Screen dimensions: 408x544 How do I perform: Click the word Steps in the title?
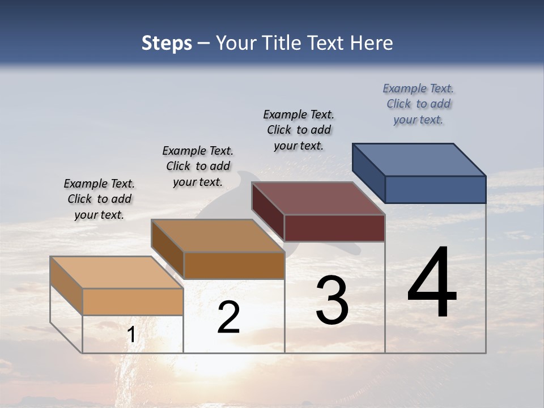click(x=167, y=43)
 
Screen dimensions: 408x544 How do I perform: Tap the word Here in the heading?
click(x=372, y=43)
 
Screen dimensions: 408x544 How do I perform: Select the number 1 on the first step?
click(x=131, y=335)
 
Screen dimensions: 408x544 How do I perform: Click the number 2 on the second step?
click(x=228, y=318)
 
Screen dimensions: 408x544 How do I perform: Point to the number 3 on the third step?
click(x=332, y=300)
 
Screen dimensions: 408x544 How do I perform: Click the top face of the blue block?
click(x=419, y=159)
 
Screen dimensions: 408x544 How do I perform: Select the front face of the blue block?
click(x=435, y=189)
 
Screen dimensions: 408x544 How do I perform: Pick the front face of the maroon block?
click(x=334, y=228)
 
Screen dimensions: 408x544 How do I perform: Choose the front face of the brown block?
click(x=233, y=265)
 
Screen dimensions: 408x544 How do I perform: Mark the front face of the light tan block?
click(x=133, y=301)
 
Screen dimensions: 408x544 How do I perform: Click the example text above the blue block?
click(x=418, y=104)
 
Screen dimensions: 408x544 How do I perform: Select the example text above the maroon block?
click(x=299, y=130)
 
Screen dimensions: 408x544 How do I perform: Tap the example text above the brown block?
click(x=198, y=166)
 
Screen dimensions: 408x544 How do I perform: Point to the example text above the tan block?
click(x=99, y=199)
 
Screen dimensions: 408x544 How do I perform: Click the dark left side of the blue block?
click(x=368, y=173)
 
